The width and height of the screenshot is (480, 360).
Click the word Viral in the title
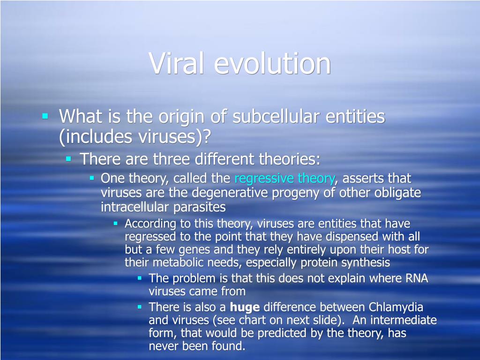click(176, 63)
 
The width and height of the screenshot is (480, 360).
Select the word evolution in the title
click(272, 63)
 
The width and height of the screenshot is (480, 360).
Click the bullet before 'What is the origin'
click(45, 116)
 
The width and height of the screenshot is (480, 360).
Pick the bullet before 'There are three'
click(68, 158)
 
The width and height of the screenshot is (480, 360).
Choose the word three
click(172, 159)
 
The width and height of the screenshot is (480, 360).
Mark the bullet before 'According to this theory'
click(115, 223)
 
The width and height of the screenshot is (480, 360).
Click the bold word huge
click(245, 307)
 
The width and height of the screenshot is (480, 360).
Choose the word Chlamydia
click(396, 307)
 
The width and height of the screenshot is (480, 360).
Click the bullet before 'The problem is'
click(140, 278)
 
